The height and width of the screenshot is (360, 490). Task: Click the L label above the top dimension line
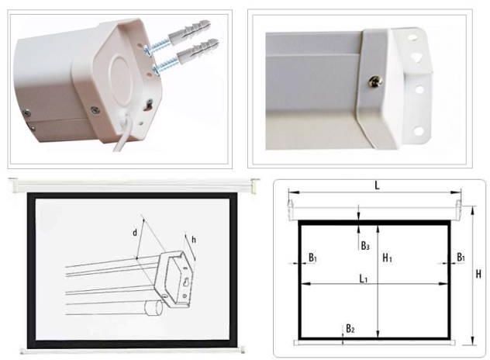click(377, 185)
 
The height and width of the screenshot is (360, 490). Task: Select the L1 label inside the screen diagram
click(363, 278)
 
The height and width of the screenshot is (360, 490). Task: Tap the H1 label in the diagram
click(387, 258)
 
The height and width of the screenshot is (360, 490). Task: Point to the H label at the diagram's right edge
click(478, 274)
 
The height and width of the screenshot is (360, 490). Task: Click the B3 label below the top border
click(365, 245)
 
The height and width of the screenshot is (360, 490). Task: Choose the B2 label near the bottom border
click(350, 328)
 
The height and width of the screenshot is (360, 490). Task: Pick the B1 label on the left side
click(312, 258)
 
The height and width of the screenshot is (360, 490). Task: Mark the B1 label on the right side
click(461, 257)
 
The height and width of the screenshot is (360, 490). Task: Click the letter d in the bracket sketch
click(135, 233)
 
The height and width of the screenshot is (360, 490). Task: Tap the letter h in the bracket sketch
click(194, 240)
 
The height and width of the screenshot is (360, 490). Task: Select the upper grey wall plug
click(190, 29)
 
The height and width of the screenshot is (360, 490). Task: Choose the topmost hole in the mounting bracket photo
click(413, 37)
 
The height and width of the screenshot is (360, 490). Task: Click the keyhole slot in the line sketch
click(185, 282)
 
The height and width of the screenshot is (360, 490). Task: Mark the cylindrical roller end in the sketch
click(154, 308)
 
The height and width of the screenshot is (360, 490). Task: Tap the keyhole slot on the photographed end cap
click(148, 105)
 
